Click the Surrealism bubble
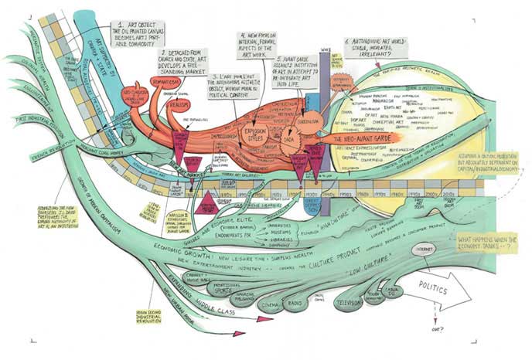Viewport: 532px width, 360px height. click(x=308, y=121)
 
